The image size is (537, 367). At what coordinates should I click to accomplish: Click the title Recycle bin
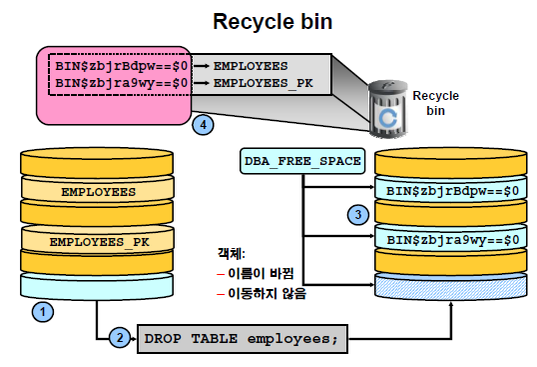tap(272, 22)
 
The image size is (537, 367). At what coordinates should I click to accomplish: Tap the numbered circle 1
tap(43, 312)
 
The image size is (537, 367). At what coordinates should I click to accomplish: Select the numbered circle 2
tap(120, 338)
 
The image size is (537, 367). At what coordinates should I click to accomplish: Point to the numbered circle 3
tap(358, 215)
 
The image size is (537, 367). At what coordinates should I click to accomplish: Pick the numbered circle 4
tap(203, 125)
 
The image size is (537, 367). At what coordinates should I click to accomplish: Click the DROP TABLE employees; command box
tap(243, 339)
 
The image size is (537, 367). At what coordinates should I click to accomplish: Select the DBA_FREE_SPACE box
tap(302, 161)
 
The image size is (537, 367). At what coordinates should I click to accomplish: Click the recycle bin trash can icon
tap(388, 109)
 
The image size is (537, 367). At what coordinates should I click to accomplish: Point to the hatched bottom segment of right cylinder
tap(451, 286)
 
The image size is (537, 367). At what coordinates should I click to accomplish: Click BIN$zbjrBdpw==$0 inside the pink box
tap(122, 66)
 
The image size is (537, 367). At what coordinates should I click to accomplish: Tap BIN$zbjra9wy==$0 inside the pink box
tap(122, 83)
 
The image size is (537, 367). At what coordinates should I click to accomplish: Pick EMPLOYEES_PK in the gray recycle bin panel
tap(264, 83)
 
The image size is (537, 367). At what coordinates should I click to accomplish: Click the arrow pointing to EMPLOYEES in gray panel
tap(202, 66)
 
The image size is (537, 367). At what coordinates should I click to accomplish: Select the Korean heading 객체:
tap(232, 254)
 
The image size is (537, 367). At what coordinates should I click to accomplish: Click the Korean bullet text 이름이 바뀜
tap(261, 273)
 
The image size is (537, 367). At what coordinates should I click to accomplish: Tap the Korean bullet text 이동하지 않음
tap(268, 293)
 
